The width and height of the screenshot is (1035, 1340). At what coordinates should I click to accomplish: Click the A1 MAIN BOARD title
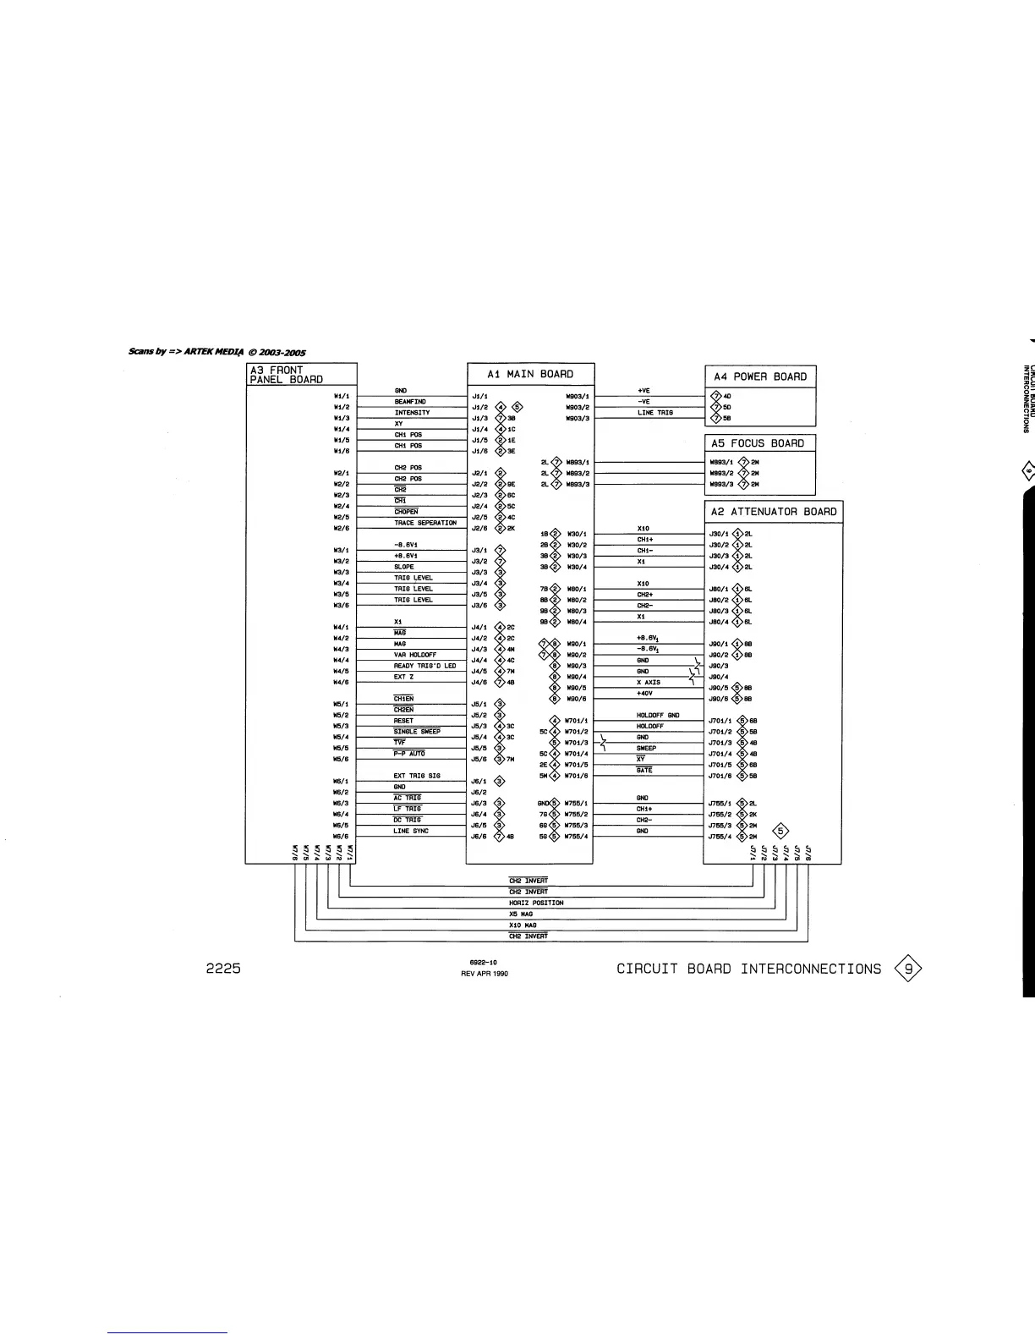coord(530,375)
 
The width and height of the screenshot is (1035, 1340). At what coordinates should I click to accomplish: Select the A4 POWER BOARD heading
coord(759,377)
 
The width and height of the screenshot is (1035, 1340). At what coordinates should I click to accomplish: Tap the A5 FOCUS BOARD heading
coord(758,443)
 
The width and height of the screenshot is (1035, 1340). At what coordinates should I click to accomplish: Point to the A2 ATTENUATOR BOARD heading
coord(773,512)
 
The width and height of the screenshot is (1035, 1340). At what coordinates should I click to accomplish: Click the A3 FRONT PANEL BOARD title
coord(286,375)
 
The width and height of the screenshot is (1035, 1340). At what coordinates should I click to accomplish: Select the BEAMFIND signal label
coord(410,402)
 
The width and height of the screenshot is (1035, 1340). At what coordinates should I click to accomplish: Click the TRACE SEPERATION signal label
coord(424,523)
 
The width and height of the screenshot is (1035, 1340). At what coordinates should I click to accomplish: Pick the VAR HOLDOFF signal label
coord(414,655)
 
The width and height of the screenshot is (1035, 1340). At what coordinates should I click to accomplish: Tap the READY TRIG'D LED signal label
coord(424,666)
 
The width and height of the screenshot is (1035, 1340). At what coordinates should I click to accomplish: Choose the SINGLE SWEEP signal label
coord(417,732)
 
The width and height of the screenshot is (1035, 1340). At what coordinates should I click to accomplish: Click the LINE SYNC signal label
coord(411,831)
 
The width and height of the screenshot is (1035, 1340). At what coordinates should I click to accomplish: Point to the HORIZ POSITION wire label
coord(536,903)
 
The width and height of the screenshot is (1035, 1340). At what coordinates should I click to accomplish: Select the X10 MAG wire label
coord(522,925)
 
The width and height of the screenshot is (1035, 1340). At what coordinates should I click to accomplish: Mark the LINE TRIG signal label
coord(655,413)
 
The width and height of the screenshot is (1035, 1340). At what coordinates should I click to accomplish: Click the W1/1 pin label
coord(342,396)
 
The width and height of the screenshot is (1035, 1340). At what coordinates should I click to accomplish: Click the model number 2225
coord(224,969)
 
